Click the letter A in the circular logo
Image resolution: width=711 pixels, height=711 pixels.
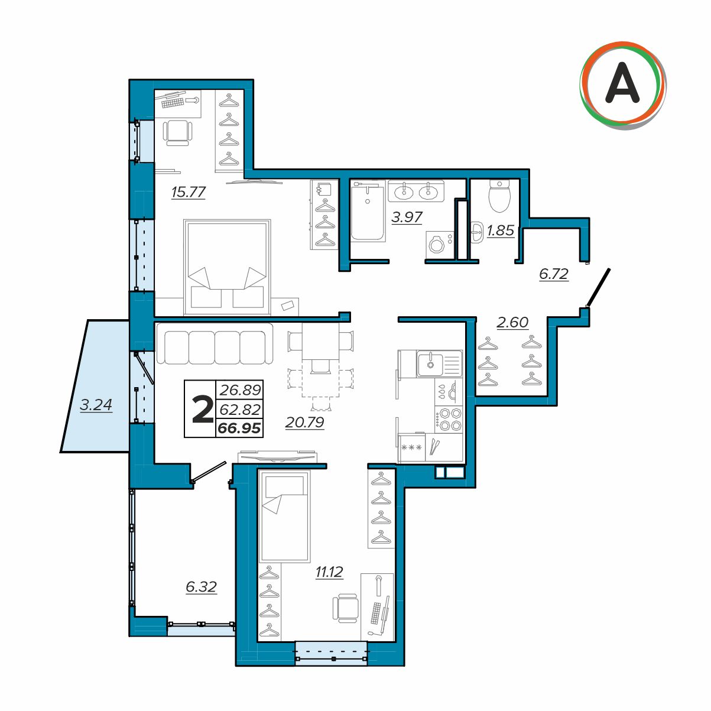[x=622, y=82]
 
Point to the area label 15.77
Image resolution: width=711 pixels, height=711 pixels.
[x=188, y=192]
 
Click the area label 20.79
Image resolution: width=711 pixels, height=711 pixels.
[x=304, y=422]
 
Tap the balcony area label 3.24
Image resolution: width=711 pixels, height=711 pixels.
[x=96, y=405]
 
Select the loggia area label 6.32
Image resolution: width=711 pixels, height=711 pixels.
[x=201, y=586]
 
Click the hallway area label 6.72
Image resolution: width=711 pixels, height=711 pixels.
[x=553, y=274]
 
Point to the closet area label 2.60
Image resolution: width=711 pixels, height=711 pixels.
[x=512, y=322]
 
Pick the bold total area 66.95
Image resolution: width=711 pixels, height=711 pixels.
[x=239, y=428]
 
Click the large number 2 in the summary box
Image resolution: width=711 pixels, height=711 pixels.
[x=203, y=409]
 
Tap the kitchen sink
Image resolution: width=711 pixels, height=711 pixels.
[x=440, y=364]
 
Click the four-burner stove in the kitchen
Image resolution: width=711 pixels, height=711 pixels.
[x=449, y=419]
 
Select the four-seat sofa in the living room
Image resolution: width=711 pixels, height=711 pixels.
[x=215, y=344]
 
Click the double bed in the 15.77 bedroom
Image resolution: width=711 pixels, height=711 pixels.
[x=227, y=267]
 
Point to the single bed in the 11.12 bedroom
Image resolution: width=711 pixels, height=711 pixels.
[x=284, y=516]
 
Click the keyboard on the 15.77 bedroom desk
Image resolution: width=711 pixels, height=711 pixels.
[x=173, y=102]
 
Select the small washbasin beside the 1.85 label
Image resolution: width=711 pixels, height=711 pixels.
[x=477, y=232]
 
